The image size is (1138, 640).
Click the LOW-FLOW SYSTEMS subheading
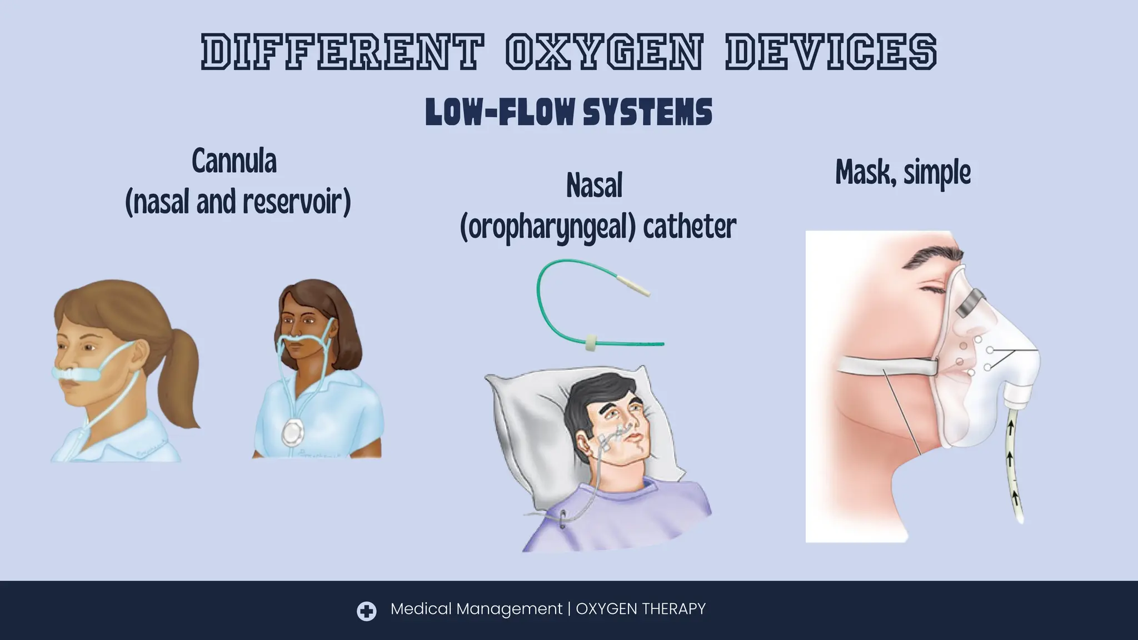(x=568, y=112)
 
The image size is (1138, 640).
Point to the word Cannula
(x=234, y=162)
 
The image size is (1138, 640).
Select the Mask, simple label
(x=903, y=173)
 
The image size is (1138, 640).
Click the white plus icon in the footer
(x=366, y=611)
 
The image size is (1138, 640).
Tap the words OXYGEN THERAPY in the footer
(x=641, y=609)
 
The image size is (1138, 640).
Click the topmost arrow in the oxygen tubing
(x=1010, y=427)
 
